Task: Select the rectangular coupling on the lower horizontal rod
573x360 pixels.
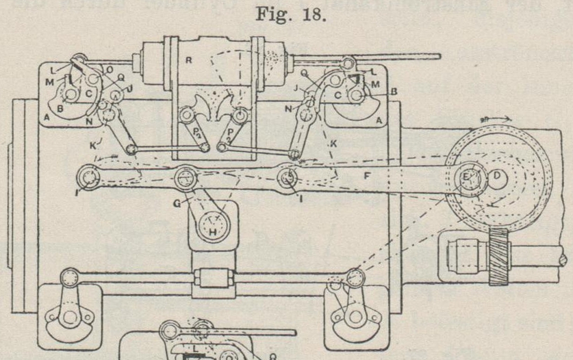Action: pyautogui.click(x=212, y=281)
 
